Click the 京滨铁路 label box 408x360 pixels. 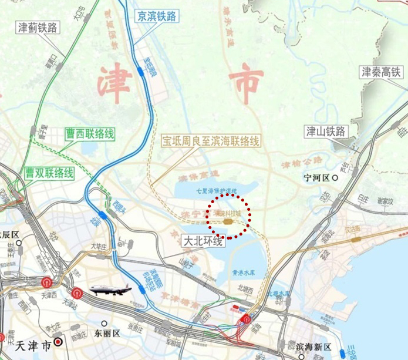(156, 17)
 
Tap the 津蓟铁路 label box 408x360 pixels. (38, 28)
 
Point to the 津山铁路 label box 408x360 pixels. (327, 131)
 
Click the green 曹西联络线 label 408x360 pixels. (90, 134)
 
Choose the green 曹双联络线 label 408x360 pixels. (49, 173)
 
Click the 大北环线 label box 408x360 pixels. (204, 241)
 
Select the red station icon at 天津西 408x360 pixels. (46, 282)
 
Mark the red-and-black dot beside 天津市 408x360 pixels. (58, 341)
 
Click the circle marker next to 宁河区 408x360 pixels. (335, 177)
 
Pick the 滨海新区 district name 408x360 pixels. (312, 346)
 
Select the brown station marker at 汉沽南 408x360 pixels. (356, 240)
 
